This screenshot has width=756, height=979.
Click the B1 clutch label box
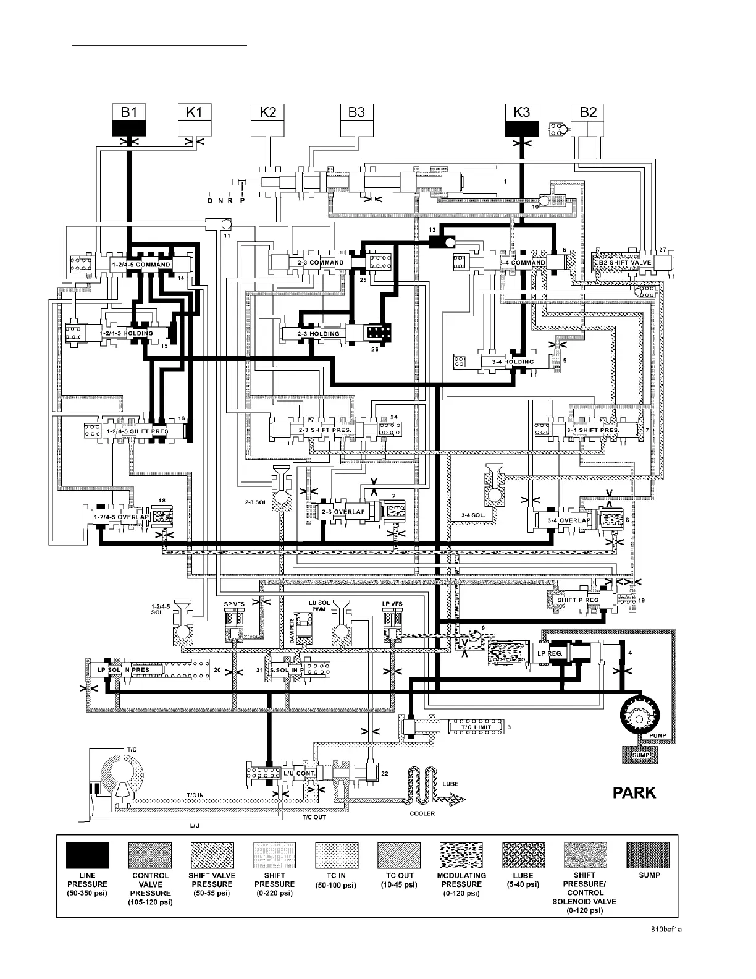(128, 112)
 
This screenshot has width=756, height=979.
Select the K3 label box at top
(522, 112)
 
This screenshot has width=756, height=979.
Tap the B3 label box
(357, 112)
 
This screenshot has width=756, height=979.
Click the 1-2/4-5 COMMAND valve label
(141, 265)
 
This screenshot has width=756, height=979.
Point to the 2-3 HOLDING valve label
(319, 334)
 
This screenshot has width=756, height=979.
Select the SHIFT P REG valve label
(578, 600)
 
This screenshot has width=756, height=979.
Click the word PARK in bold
(634, 793)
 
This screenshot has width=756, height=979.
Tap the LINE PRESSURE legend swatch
(87, 855)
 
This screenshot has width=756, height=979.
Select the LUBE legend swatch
(523, 855)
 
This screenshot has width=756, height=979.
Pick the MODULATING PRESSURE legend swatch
(461, 855)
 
